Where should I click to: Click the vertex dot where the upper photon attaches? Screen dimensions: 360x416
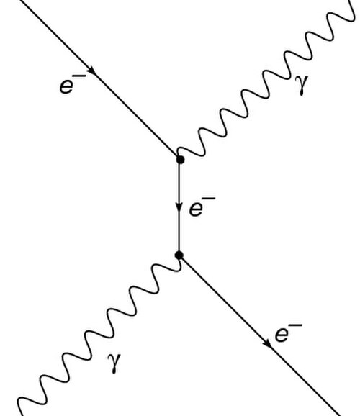point(180,160)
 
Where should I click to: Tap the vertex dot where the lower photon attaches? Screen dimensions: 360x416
point(179,256)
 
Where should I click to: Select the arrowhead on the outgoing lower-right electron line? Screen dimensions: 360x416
point(267,343)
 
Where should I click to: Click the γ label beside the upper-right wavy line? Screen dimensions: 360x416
point(303,84)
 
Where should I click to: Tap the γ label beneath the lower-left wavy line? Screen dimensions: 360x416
point(114,363)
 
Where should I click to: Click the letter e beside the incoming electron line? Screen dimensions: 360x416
point(66,86)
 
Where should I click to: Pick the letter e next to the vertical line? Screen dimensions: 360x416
point(196,209)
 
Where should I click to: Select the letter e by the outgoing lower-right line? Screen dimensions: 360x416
point(282,335)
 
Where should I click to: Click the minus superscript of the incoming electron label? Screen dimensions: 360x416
point(81,76)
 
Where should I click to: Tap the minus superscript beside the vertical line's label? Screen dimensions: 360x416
point(210,199)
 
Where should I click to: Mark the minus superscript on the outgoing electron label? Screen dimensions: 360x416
point(297,325)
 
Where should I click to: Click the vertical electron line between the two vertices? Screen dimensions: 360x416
point(179,207)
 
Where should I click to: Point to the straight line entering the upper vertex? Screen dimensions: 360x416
point(99,78)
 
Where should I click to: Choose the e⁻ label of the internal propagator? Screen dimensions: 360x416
point(202,207)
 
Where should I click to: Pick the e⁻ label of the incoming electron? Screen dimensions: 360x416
point(73,84)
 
